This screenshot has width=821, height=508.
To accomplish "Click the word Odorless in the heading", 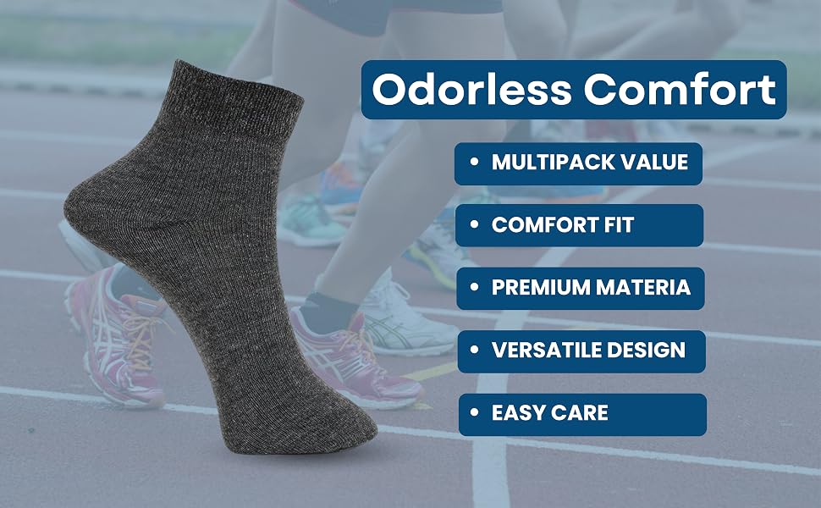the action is [x=471, y=89].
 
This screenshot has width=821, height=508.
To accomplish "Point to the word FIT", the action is [x=620, y=225].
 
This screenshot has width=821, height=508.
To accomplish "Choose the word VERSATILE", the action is [x=543, y=351].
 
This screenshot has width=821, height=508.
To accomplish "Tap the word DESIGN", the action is [x=642, y=351].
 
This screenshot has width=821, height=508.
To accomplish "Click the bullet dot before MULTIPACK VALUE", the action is [x=474, y=162].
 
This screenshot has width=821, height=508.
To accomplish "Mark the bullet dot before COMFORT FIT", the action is [x=475, y=224].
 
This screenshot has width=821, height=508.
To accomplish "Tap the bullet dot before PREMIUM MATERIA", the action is [x=475, y=287].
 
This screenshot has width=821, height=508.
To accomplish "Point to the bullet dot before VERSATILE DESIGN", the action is [x=475, y=350].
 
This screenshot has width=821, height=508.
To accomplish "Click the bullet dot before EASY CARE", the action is [x=475, y=412].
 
